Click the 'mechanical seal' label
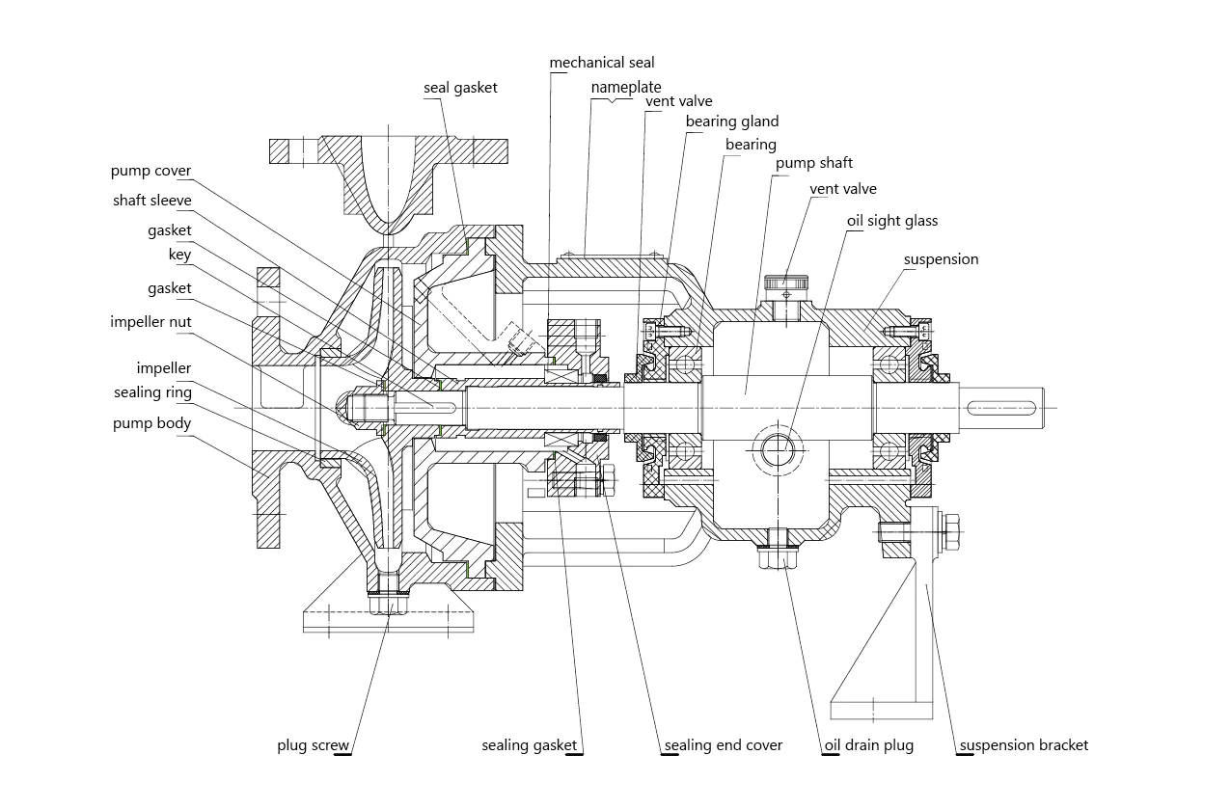601,63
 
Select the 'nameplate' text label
625,87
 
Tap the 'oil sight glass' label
891,221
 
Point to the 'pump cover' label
150,171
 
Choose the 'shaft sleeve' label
151,201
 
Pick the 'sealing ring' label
152,392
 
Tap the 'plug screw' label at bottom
313,745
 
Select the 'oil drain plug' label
868,745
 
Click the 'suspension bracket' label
1023,745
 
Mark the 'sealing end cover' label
723,745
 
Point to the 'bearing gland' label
731,121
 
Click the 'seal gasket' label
460,88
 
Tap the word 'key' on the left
179,256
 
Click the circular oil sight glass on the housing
778,447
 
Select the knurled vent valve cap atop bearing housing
786,283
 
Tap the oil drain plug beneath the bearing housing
778,551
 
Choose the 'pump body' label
151,423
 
